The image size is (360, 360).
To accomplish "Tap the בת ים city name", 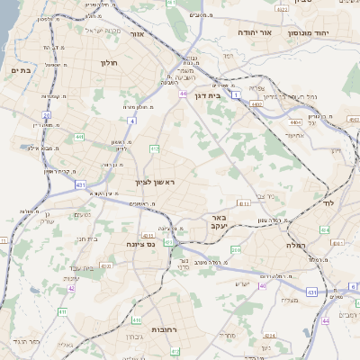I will (21, 69).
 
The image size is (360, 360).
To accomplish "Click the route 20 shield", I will (46, 114).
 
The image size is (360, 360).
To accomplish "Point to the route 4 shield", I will (131, 120).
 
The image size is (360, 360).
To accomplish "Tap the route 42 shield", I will (71, 289).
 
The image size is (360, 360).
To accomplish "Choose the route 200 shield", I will (235, 249).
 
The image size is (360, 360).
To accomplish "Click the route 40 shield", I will (263, 285).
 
